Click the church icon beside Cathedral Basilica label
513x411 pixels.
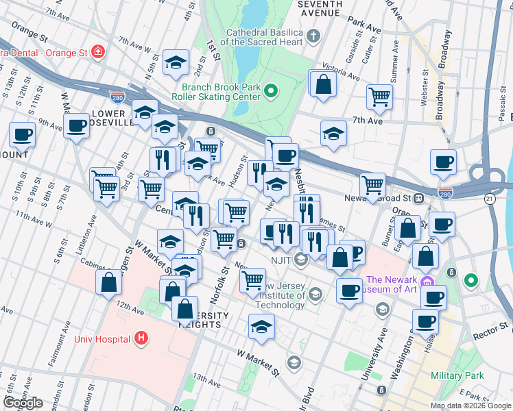tap(313, 36)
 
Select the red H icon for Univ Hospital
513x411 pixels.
tap(141, 338)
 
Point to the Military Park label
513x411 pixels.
tap(457, 375)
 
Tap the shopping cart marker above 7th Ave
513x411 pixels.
tap(379, 97)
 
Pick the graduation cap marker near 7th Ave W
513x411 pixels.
tap(176, 64)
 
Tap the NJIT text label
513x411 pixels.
tap(279, 259)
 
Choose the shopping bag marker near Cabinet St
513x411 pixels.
tap(109, 282)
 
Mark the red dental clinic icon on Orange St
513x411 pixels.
tap(97, 51)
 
